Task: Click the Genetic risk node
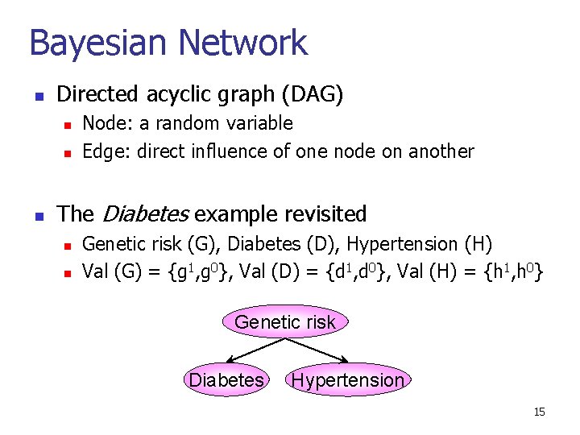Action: (284, 322)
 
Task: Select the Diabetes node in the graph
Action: (226, 379)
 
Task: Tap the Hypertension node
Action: (348, 379)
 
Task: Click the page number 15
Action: (539, 412)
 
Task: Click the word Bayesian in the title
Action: (98, 43)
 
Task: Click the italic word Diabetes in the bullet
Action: (146, 214)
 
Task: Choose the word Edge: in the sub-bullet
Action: (108, 151)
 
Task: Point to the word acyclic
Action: (180, 95)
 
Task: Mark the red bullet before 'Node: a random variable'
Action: (68, 125)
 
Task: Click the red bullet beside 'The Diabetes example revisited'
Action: (38, 216)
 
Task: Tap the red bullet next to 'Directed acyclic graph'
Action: (38, 97)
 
